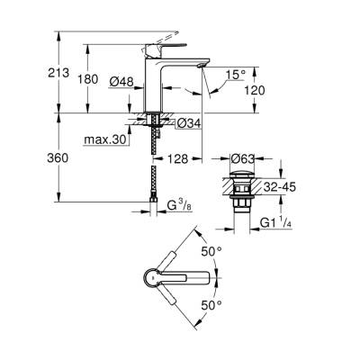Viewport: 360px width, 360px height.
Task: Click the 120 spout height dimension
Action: pos(255,92)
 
